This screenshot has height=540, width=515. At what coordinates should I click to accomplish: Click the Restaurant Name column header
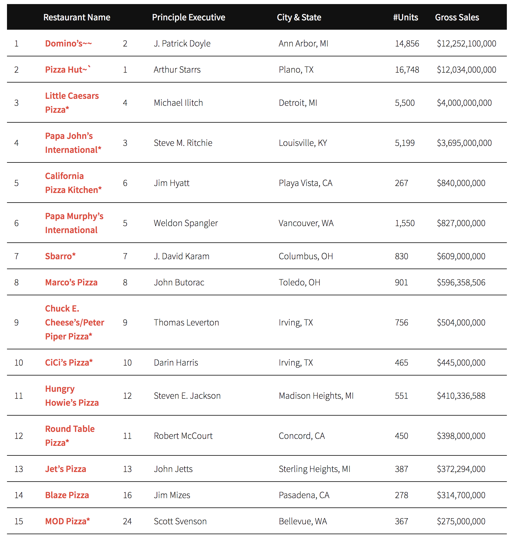coord(77,17)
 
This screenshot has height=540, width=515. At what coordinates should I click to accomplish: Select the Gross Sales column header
coord(457,17)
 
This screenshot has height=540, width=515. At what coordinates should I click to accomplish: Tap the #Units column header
coord(405,17)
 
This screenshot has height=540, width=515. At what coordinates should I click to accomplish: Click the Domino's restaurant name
coord(68,44)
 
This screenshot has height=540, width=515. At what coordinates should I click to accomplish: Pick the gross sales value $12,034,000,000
coord(466,70)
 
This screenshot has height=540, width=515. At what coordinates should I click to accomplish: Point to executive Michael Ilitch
coord(178,103)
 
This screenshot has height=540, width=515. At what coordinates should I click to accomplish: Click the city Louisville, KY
coord(303,143)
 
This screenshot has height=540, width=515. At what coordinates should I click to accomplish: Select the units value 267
coord(401,183)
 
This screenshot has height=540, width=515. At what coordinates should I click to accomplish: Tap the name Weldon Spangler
coord(186,223)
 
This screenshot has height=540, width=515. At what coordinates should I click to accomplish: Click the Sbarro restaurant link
coord(60,256)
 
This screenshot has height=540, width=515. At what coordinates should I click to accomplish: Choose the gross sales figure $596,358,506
coord(461,282)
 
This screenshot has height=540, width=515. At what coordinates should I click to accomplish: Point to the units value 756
coord(401,323)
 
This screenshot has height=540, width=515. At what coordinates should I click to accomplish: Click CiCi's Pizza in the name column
coord(69,363)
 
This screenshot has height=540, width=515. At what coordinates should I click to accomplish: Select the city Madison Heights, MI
coord(316,396)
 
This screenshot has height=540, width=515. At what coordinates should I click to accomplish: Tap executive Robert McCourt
coord(183,436)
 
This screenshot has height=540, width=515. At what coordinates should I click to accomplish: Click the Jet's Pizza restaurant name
coord(66,469)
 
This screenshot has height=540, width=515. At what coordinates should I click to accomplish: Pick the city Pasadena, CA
coord(304,495)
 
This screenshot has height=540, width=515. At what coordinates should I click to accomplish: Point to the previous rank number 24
coord(127,521)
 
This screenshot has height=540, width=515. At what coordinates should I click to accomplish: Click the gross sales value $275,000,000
coord(461,521)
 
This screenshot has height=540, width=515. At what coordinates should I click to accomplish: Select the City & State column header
coord(299,17)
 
